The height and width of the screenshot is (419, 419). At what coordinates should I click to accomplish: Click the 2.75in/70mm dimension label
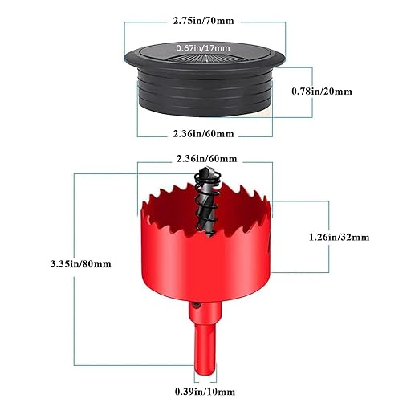coord(203,21)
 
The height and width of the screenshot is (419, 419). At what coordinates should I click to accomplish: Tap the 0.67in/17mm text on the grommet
coord(203,48)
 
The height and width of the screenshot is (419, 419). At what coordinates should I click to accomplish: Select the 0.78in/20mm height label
coord(322,92)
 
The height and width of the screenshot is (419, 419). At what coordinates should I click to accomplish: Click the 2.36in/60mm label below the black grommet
coord(203,133)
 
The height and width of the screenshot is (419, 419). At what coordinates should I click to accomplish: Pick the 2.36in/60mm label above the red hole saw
coord(206,159)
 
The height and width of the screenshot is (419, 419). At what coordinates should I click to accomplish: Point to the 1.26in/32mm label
coord(339,237)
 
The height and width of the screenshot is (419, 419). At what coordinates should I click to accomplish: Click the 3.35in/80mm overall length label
coord(80,264)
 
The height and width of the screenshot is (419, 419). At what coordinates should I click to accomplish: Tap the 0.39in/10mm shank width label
coord(205,392)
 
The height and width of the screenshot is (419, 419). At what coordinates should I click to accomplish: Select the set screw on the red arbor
coord(196,304)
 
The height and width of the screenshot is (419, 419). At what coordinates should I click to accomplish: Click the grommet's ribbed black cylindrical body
coord(205,91)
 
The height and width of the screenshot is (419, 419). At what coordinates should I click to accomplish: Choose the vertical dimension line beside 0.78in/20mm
coord(312,92)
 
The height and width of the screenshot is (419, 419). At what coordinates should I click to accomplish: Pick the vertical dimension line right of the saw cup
coord(328,237)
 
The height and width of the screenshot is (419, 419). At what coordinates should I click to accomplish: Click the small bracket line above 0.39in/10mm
coord(205,382)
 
